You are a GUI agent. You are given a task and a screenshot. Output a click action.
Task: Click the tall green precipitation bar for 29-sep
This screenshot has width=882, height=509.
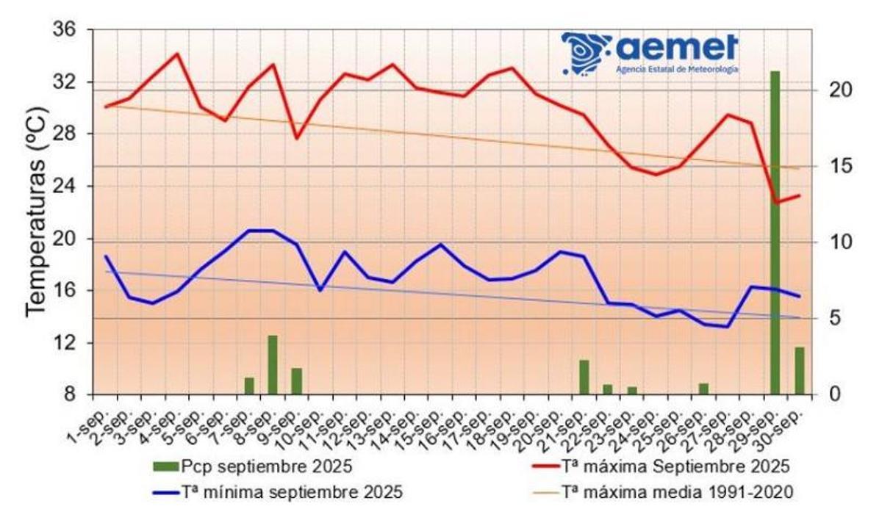coord(775,235)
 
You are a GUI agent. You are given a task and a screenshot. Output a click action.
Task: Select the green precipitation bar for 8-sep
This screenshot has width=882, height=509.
coord(273,365)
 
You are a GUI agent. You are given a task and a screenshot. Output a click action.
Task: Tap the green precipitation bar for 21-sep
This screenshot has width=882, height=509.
coord(584,377)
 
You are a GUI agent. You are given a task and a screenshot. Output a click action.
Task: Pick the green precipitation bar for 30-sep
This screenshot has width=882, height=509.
coord(799,371)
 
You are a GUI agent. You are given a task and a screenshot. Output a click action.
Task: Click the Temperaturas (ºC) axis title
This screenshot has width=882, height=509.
coord(37,213)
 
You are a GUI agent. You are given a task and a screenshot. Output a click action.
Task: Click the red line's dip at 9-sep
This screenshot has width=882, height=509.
coord(296,138)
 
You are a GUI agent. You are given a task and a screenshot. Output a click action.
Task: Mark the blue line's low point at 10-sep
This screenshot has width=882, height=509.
coord(320,290)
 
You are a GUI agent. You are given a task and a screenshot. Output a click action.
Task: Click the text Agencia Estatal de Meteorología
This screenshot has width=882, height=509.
coord(677,69)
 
